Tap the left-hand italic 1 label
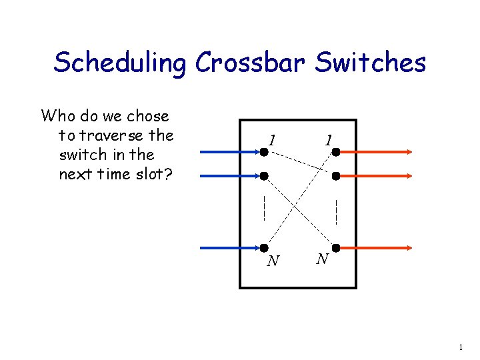point(272,140)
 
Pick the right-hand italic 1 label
point(328,140)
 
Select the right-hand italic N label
point(321,259)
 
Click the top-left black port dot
point(264,152)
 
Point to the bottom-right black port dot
point(337,248)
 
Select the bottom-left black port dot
point(264,248)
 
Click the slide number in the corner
point(460,347)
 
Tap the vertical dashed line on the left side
point(264,207)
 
